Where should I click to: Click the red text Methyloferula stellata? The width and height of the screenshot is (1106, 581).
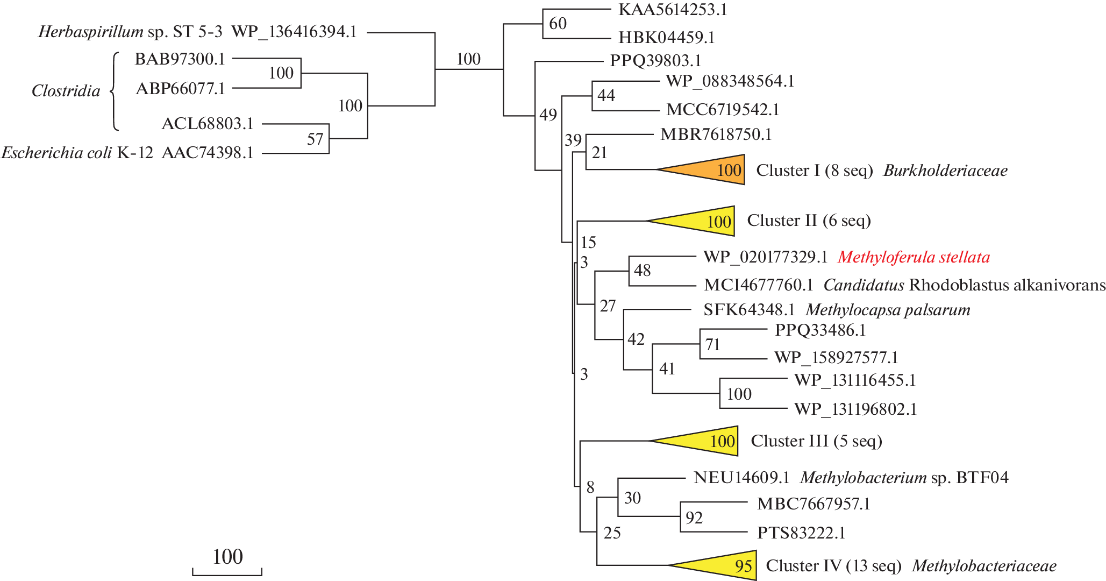point(914,257)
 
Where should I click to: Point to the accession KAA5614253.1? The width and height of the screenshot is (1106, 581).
point(673,10)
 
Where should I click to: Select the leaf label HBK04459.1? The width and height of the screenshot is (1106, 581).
point(667,38)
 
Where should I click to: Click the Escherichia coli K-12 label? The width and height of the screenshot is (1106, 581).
point(77,153)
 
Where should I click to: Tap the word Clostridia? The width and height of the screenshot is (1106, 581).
point(66,91)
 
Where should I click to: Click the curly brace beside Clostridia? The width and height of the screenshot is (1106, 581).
point(114,91)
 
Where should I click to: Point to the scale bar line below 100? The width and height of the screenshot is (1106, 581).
point(227,575)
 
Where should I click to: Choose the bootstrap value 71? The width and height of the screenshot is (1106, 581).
point(712,344)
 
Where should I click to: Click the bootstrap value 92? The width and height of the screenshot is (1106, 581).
point(694,518)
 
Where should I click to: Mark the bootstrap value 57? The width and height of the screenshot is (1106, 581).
point(315,139)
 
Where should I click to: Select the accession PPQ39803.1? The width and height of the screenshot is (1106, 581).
point(655,61)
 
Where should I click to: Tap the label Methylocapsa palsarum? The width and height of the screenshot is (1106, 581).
point(888,310)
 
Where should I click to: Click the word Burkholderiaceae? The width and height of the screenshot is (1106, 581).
point(945,171)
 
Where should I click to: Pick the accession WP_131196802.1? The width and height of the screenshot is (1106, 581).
point(855,409)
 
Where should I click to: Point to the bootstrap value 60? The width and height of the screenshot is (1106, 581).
point(558,24)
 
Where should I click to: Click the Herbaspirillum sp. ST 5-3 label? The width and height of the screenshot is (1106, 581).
point(130,32)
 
